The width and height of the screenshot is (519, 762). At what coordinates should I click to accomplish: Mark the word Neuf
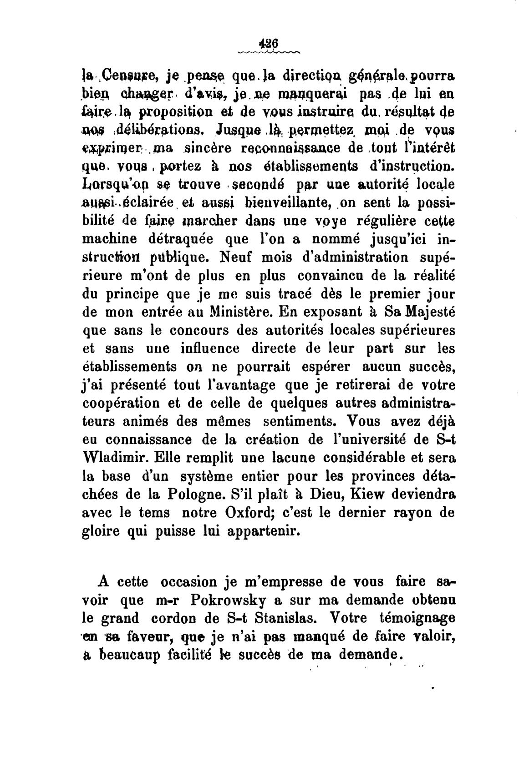[x=237, y=257]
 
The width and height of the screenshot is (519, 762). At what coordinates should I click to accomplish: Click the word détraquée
[x=182, y=239]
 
